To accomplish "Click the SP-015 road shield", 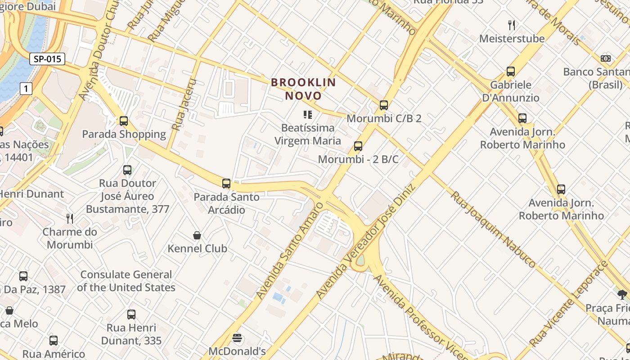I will coord(47,59).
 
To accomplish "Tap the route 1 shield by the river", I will coord(26,89).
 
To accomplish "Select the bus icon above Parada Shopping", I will coord(124,121).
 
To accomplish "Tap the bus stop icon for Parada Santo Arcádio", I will coord(226,184).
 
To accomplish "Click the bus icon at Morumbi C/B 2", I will coord(383,105).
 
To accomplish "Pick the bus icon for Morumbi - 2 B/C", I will coord(358,146).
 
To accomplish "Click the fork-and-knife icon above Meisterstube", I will coord(511,25).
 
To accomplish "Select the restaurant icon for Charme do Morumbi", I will coord(70,219).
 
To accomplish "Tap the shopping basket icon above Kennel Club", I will coord(197,235).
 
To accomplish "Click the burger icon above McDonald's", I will coord(237,338).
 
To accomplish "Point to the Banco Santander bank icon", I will coord(606,58).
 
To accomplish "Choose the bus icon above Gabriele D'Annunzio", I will coord(511,72).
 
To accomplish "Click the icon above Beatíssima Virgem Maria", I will coord(308,115).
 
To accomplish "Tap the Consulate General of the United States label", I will coord(126,281).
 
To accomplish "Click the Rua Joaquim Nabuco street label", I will coord(493,229).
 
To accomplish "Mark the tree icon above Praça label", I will coord(622,295).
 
